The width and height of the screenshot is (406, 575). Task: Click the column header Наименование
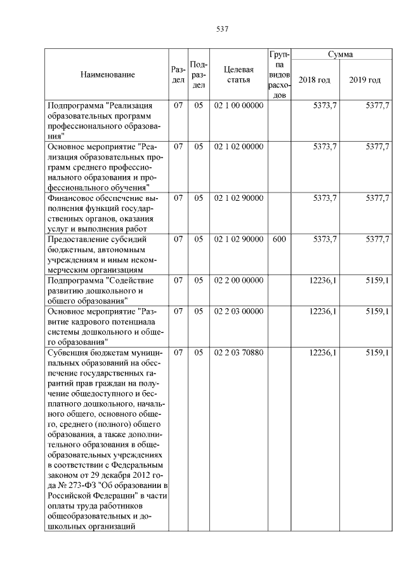click(108, 75)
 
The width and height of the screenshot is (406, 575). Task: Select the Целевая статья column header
click(239, 75)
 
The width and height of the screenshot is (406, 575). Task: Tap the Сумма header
click(341, 55)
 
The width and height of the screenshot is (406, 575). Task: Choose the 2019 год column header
click(365, 80)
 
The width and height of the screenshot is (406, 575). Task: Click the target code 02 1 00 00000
click(239, 105)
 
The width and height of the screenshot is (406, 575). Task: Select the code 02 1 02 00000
click(239, 147)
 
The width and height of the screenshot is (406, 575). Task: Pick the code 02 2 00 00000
click(239, 280)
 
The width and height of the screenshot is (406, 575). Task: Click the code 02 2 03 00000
click(239, 311)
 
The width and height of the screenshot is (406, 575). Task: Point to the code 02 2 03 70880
click(239, 352)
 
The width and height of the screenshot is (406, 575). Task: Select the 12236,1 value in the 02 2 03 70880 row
click(323, 352)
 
